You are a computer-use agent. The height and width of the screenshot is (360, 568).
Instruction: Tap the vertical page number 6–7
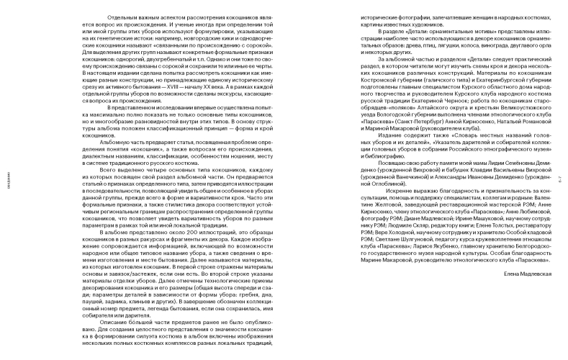tap(561, 180)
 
